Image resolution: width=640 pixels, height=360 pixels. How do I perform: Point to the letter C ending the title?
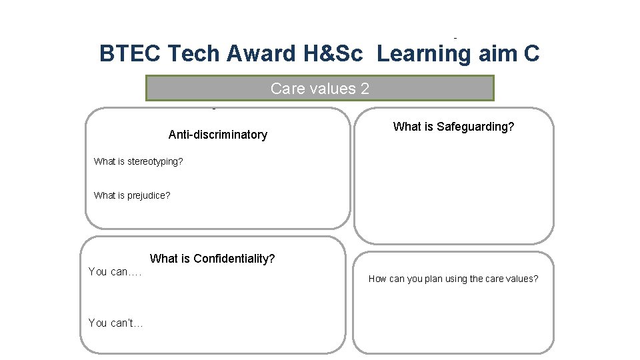click(531, 54)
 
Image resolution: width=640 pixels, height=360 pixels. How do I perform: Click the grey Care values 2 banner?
click(320, 89)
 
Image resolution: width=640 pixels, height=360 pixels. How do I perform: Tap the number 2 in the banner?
click(365, 89)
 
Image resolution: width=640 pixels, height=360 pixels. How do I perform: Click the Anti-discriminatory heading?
click(217, 135)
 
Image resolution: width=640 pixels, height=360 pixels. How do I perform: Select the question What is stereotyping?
click(139, 161)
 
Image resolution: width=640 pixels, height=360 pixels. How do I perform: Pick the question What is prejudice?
click(132, 195)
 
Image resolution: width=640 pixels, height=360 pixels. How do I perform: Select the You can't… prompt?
click(115, 323)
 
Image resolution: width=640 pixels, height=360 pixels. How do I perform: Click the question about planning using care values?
click(453, 279)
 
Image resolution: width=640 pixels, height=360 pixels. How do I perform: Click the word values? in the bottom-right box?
click(523, 279)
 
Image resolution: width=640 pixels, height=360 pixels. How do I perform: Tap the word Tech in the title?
click(193, 54)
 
